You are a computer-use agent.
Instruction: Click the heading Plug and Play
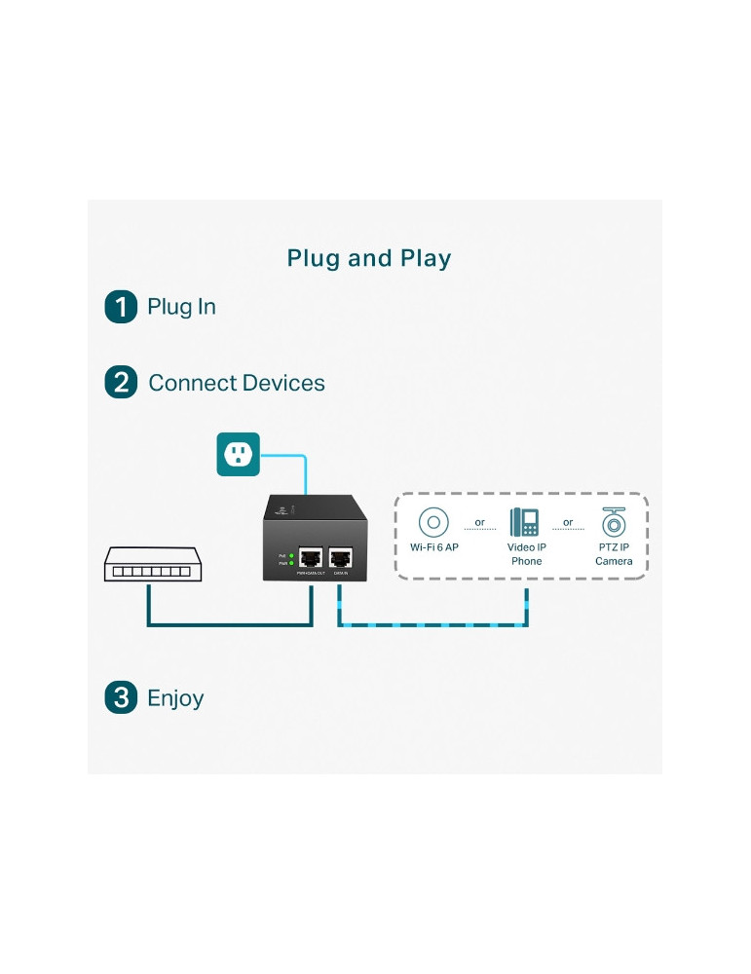pos(369,258)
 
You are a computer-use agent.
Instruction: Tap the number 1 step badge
pos(121,307)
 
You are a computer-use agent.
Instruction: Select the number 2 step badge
pos(121,383)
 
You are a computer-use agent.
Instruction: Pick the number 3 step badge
pos(121,697)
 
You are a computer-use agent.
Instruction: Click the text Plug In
pos(181,307)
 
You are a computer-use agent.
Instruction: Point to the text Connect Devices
pos(237,383)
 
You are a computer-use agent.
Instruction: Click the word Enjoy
pos(175,698)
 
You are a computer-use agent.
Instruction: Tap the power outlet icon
pos(238,453)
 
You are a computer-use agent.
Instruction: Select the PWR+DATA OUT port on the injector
pos(312,558)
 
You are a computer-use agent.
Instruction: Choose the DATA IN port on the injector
pos(340,558)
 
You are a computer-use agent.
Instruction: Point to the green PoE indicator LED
pos(290,555)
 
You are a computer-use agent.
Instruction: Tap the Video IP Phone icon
pos(525,522)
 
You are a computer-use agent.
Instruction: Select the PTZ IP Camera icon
pos(614,522)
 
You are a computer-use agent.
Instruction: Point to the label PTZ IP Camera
pos(614,554)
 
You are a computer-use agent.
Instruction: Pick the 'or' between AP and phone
pos(479,523)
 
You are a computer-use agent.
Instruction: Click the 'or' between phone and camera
pos(568,523)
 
